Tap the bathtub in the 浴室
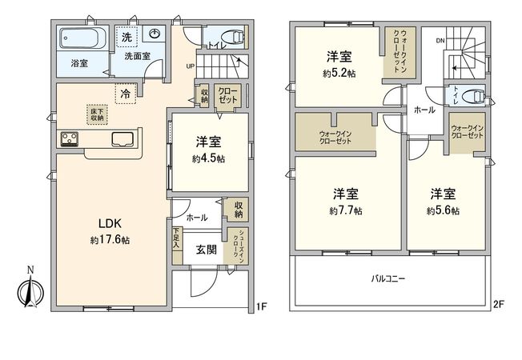click(x=80, y=38)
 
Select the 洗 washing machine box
click(x=127, y=38)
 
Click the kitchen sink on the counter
click(x=124, y=138)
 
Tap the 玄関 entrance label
click(x=207, y=249)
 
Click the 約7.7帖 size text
click(x=345, y=211)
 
